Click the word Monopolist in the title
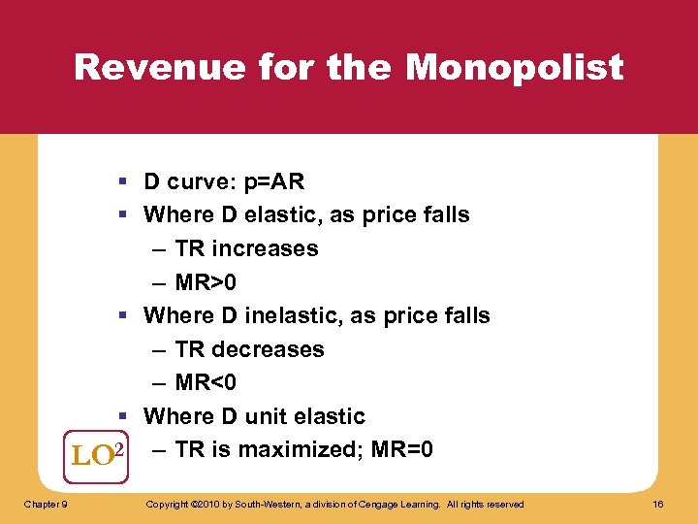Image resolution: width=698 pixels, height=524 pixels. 515,68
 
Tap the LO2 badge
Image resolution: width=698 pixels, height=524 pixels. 99,454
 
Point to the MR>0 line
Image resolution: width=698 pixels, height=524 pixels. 206,282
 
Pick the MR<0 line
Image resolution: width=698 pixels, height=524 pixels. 206,383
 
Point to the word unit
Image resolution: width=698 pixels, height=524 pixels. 264,416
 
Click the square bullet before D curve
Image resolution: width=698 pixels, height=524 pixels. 126,182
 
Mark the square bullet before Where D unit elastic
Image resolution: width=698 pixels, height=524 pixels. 126,417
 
